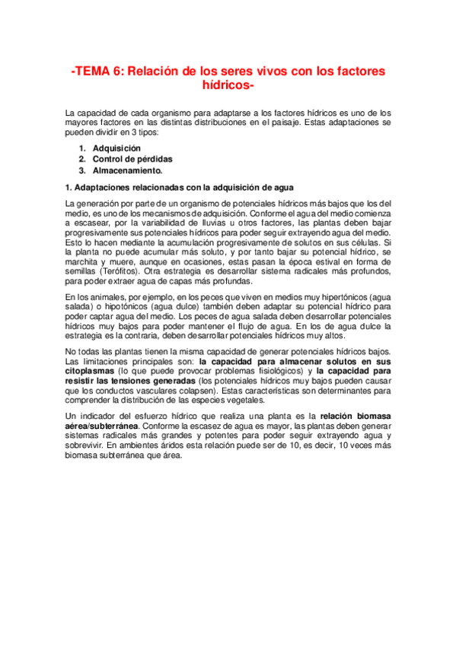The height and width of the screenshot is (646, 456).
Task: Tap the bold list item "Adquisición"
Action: (x=116, y=148)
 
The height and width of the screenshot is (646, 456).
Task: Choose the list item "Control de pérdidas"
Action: (x=132, y=159)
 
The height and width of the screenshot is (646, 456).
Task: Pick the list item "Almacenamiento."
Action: (x=127, y=171)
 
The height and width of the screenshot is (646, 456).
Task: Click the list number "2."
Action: (x=82, y=159)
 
